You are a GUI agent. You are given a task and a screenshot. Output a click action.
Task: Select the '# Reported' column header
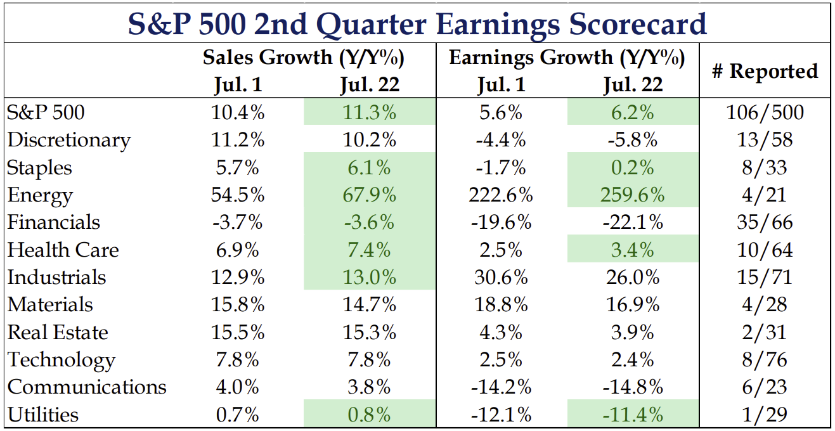coord(765,71)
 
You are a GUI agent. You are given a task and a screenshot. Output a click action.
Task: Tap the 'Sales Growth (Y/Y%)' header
coord(304,58)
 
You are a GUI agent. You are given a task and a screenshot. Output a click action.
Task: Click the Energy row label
coord(40,195)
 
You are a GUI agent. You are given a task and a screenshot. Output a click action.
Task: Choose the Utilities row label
coord(43,415)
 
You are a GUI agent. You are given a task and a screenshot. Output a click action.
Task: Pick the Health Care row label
coord(63,250)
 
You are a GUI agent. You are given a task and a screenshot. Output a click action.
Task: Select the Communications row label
coord(87,387)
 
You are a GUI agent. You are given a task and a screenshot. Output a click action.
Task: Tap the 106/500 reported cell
coord(765,113)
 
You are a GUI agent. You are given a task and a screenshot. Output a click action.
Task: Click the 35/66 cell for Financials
coord(765,222)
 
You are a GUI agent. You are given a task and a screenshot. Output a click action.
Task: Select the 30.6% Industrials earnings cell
coord(502,278)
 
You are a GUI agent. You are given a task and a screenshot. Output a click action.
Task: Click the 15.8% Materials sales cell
coord(238,305)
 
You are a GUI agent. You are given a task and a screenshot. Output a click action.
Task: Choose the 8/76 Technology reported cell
coord(765,360)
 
